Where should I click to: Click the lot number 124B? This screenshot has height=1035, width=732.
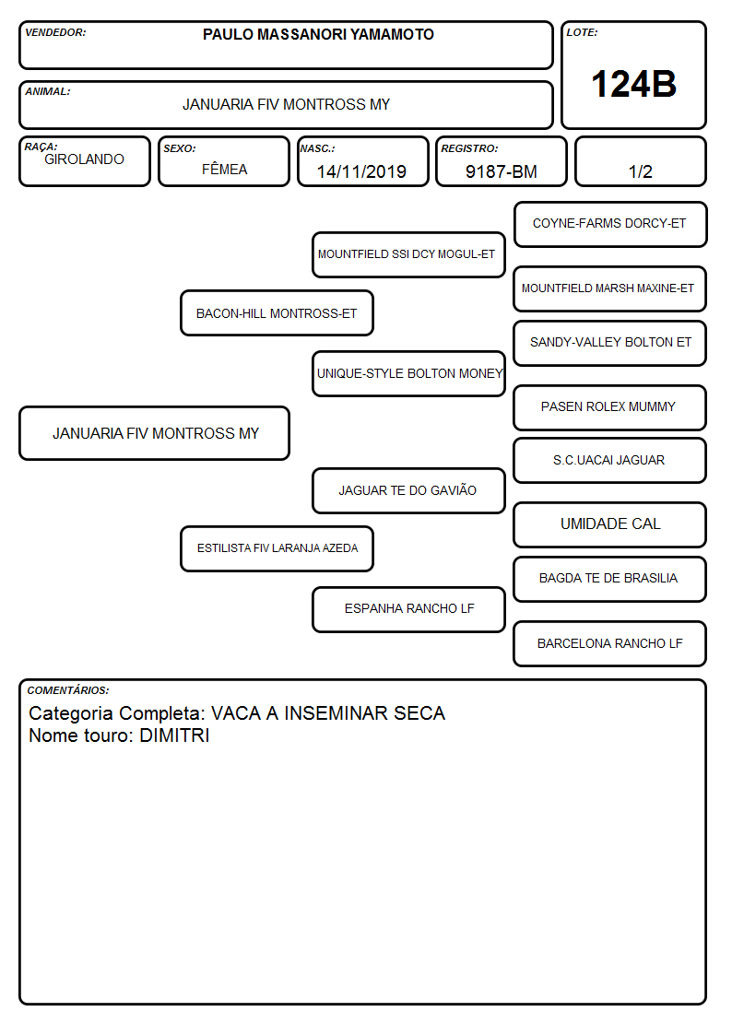pyautogui.click(x=633, y=85)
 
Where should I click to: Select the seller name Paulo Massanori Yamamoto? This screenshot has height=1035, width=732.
pyautogui.click(x=318, y=34)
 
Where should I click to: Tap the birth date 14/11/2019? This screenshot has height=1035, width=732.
pyautogui.click(x=361, y=171)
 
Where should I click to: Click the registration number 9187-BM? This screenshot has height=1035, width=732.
pyautogui.click(x=501, y=171)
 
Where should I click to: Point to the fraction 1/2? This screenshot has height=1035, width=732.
pyautogui.click(x=640, y=171)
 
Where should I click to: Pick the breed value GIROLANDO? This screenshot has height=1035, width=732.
pyautogui.click(x=84, y=159)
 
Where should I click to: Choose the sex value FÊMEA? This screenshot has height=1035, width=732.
pyautogui.click(x=224, y=169)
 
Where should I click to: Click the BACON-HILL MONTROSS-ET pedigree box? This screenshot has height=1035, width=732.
pyautogui.click(x=277, y=313)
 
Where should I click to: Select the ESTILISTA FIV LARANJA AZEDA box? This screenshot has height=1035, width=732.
pyautogui.click(x=277, y=548)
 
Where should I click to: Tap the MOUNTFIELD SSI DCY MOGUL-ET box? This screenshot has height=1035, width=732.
pyautogui.click(x=408, y=254)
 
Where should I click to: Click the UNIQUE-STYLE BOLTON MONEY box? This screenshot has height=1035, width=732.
pyautogui.click(x=408, y=373)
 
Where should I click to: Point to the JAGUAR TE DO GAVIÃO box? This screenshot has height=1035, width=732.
pyautogui.click(x=408, y=490)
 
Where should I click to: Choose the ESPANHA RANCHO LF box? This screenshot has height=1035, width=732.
pyautogui.click(x=408, y=609)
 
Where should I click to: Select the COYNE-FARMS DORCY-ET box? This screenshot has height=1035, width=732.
pyautogui.click(x=610, y=225)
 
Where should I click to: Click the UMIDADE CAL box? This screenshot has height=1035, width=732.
pyautogui.click(x=610, y=524)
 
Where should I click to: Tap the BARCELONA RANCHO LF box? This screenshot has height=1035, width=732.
pyautogui.click(x=610, y=643)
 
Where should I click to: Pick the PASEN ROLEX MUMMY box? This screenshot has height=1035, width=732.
pyautogui.click(x=610, y=407)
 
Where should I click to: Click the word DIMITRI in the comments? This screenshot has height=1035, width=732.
pyautogui.click(x=174, y=735)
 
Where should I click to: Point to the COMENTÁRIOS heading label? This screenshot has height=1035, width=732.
pyautogui.click(x=68, y=690)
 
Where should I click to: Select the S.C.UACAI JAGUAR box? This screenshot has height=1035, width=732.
pyautogui.click(x=610, y=460)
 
